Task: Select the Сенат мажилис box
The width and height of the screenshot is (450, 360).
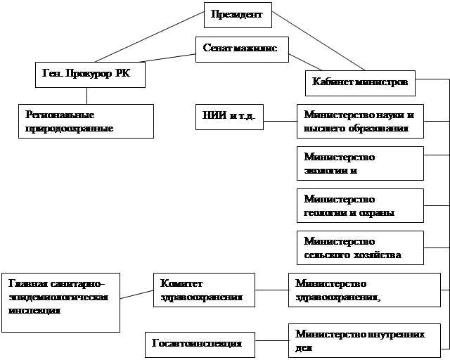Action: pyautogui.click(x=240, y=49)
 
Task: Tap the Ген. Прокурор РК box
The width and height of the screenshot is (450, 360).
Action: pyautogui.click(x=89, y=75)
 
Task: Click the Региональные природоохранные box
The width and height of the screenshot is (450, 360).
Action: pyautogui.click(x=85, y=121)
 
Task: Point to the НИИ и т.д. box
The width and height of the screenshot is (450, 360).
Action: pyautogui.click(x=229, y=116)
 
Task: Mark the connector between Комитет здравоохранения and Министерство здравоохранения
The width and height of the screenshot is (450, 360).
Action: pyautogui.click(x=271, y=290)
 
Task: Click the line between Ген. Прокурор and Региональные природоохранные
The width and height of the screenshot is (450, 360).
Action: pyautogui.click(x=86, y=96)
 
